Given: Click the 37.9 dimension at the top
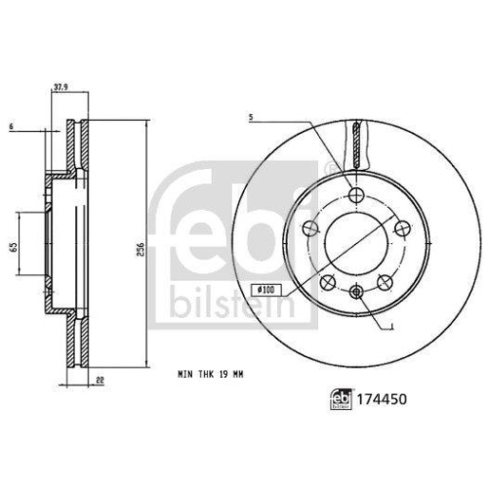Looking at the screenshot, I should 61,86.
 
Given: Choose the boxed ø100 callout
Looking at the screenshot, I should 265,289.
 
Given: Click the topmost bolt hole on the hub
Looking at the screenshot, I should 356,192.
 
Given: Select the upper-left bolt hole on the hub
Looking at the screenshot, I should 311,227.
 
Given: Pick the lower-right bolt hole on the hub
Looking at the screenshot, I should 386,280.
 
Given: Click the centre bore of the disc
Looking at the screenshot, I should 356,241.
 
